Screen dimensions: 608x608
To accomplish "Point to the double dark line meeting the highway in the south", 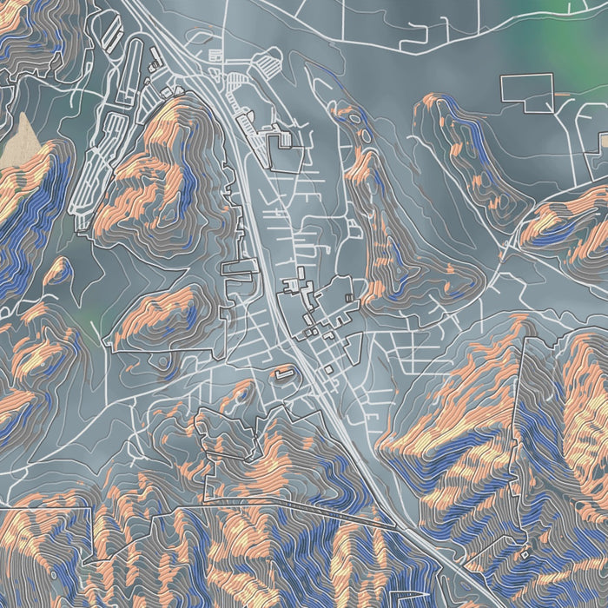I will point(347,512).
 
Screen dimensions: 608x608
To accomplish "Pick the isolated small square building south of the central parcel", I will point(330,369).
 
